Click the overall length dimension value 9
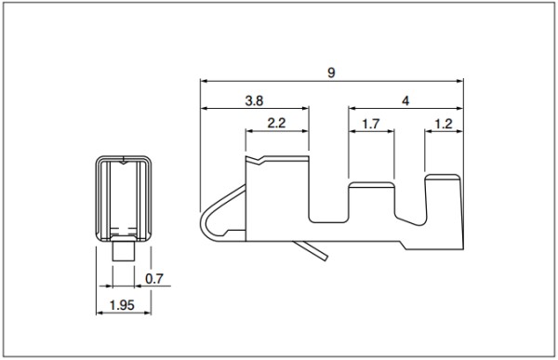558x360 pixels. point(331,73)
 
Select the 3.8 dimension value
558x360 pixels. point(254,100)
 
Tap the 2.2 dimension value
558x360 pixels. point(276,123)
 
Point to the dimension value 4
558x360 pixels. point(405,101)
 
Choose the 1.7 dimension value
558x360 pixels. point(371,125)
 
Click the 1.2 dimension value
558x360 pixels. point(444,124)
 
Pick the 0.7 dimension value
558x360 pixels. point(154,278)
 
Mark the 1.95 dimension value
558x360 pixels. point(122,305)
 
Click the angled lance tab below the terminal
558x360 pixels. point(311,250)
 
